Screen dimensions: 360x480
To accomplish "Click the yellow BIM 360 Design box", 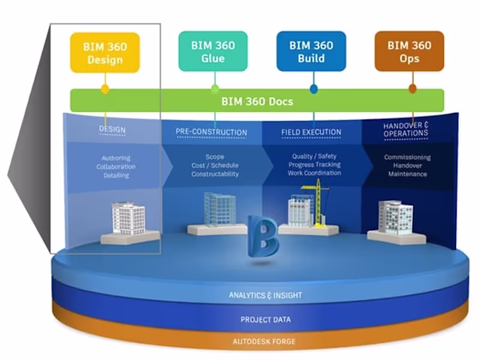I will click(104, 52).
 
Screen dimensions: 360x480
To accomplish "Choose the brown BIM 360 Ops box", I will click(409, 52).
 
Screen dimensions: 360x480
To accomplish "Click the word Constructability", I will click(215, 174).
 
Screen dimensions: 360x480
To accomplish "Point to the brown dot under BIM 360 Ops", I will click(412, 89).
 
